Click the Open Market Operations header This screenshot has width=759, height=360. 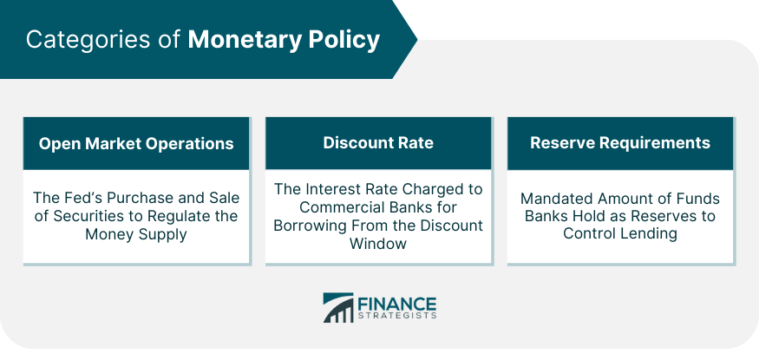[136, 143]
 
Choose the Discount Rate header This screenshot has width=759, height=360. [378, 143]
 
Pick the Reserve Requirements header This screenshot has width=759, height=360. [620, 143]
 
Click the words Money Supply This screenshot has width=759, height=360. [136, 233]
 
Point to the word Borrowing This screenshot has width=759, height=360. [309, 225]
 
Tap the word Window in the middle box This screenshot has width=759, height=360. [378, 243]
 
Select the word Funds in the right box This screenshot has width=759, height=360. [698, 199]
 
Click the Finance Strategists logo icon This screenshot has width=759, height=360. [338, 307]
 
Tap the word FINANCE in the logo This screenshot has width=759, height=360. [397, 304]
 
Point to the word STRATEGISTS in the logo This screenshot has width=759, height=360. [397, 317]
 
